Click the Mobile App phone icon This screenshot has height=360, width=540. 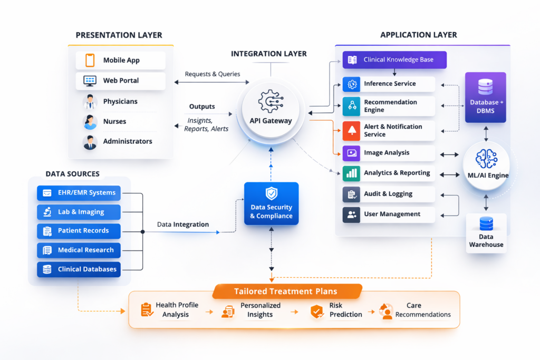90,60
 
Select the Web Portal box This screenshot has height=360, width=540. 120,81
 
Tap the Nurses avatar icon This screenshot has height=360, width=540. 90,122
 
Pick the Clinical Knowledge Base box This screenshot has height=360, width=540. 394,60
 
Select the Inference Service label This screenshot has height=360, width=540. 390,84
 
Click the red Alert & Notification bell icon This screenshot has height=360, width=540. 351,130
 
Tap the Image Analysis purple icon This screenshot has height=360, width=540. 351,153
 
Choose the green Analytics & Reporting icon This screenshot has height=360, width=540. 351,173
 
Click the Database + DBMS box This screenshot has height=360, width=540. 486,98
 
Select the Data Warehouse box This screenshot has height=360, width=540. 486,233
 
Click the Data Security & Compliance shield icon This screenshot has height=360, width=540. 271,193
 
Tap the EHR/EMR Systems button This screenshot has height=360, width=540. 79,193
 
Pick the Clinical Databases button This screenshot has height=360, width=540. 79,269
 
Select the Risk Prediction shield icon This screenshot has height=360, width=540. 317,311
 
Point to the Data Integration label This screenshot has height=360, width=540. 183,225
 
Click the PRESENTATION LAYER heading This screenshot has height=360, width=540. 119,35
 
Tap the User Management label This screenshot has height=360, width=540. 392,215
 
